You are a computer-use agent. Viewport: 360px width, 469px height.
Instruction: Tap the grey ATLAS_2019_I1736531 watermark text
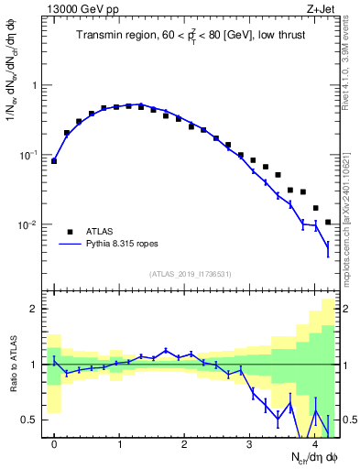pyautogui.click(x=191, y=273)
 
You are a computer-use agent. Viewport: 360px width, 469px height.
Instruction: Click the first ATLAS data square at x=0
pyautogui.click(x=54, y=160)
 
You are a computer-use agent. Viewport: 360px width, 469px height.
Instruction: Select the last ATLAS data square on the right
pyautogui.click(x=328, y=222)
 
